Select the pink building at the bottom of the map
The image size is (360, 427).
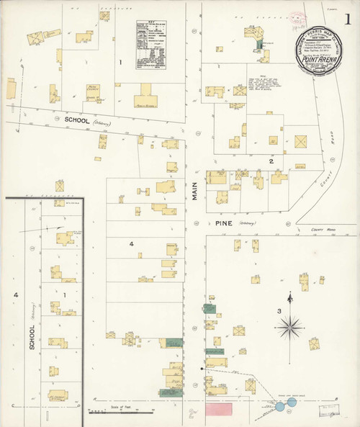pos(219,408)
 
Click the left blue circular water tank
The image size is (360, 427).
pos(280,407)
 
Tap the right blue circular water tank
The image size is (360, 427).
pos(292,403)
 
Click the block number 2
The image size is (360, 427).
pos(271,160)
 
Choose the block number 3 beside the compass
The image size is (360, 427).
pos(279,310)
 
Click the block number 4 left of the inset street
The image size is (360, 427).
pos(14,295)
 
